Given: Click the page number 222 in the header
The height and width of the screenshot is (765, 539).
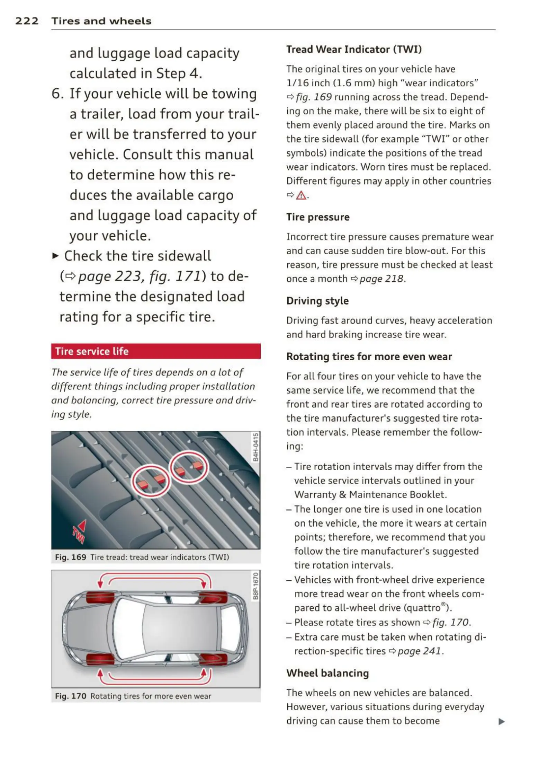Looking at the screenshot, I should coord(27,21).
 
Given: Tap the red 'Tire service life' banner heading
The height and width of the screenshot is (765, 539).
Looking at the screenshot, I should coord(92,351).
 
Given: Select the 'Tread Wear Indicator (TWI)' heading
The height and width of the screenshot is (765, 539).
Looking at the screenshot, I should coord(354,50).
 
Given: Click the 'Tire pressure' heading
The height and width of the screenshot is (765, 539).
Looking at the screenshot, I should coord(318,217).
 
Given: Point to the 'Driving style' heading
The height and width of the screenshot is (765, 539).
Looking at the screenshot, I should coord(317,301).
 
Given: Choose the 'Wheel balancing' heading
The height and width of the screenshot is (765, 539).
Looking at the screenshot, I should coord(327,673).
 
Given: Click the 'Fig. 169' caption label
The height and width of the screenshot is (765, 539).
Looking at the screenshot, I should coord(71,557).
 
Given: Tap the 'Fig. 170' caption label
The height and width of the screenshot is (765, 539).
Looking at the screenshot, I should coord(71,696).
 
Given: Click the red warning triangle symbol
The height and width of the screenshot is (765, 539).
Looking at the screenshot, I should coord(301,195).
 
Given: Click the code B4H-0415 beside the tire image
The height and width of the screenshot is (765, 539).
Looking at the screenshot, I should coord(255,447).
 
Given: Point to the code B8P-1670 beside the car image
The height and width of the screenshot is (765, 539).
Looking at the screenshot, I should coord(255,586).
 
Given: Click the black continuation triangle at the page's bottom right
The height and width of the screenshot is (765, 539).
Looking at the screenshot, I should coord(501,721).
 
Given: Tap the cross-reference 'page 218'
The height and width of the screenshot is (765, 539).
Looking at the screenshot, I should coord(381,279).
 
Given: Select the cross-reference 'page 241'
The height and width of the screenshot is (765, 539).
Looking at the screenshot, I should coord(419,651).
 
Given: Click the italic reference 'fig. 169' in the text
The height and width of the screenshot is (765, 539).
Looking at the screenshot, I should coord(314,97).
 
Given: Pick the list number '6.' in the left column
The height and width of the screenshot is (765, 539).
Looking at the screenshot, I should coord(57,94).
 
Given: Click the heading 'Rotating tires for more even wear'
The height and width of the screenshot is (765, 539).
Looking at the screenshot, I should coord(369,357).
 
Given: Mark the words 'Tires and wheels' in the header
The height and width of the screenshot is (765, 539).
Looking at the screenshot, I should coord(101,21).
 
